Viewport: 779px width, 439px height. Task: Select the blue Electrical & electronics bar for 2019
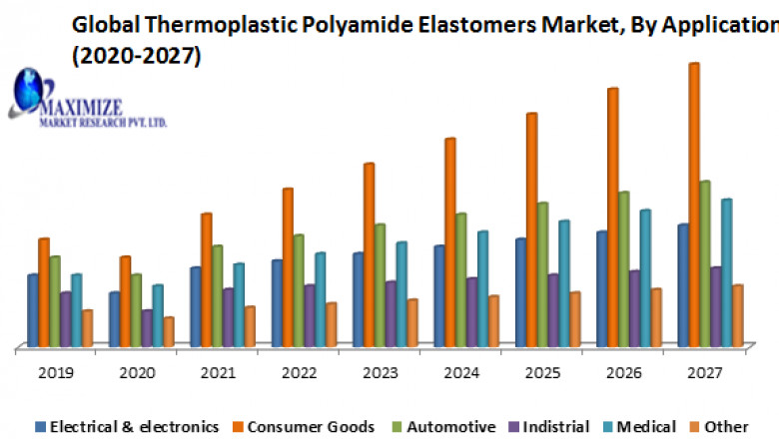coord(33,310)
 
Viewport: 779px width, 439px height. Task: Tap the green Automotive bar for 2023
coord(380,285)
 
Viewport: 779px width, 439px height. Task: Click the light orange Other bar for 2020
coord(169,332)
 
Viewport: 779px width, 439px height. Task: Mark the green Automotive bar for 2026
coord(623,269)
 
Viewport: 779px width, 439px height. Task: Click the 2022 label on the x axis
coord(300,373)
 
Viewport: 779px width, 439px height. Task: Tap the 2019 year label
coord(55,373)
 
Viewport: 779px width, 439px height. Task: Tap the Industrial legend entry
coord(553,426)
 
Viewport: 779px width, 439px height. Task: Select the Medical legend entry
coord(644,426)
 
